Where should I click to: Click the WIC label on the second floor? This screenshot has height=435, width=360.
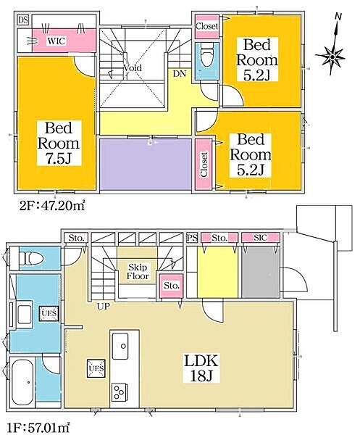tap(57, 41)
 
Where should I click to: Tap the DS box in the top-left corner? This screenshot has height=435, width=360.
tap(22, 20)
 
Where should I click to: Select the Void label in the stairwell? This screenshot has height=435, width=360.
tap(132, 68)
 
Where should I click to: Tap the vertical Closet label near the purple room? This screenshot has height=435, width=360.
tap(204, 165)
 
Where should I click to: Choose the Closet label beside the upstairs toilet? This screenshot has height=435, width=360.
tap(206, 26)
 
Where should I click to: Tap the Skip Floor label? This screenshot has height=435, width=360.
tap(138, 272)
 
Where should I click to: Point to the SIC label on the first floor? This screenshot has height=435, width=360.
tap(256, 238)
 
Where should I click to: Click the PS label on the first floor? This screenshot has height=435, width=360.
tap(191, 238)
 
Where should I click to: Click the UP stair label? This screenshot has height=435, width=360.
tap(104, 307)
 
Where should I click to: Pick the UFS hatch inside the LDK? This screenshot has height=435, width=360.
tap(95, 369)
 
